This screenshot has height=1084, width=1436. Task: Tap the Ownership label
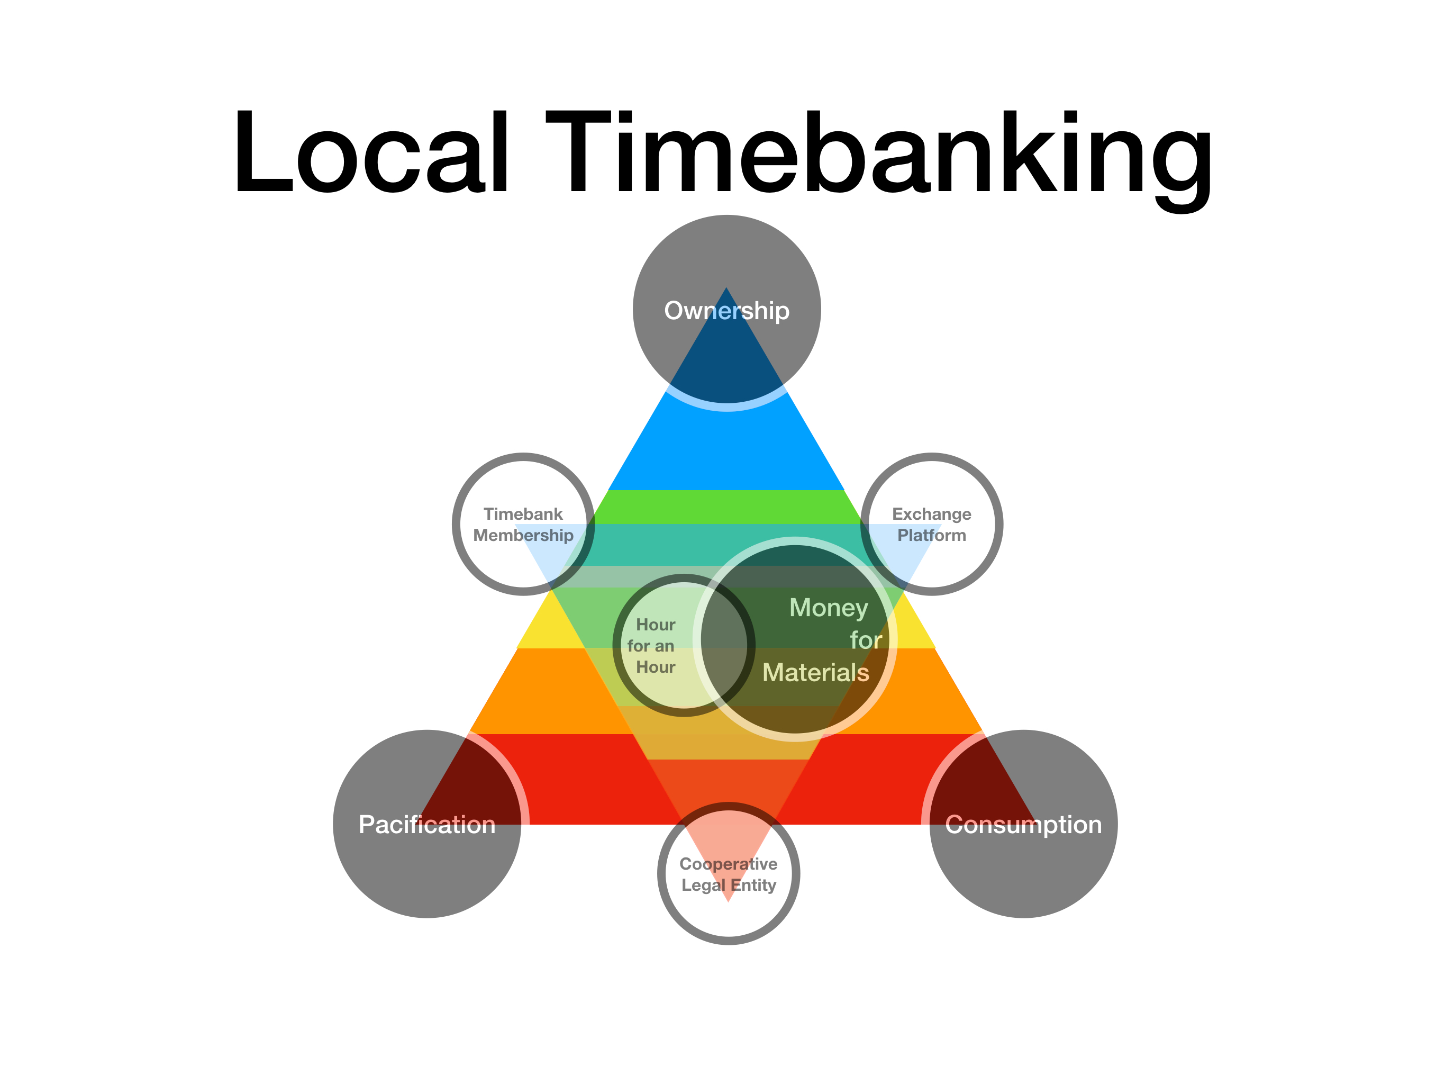[x=726, y=311]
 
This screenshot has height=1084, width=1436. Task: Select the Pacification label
[x=426, y=824]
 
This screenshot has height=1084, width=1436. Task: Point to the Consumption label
[x=1023, y=824]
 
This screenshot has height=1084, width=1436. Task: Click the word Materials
[x=815, y=672]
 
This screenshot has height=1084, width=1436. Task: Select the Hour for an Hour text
[x=655, y=646]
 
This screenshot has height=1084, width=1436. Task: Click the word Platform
[x=932, y=535]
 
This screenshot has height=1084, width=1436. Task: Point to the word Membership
[x=523, y=535]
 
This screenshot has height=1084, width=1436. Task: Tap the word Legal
[x=703, y=886]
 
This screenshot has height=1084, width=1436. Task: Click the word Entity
[x=753, y=886]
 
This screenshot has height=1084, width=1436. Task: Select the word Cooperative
[x=729, y=864]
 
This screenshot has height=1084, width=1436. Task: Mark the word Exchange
[x=932, y=514]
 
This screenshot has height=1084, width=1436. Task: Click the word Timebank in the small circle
[x=523, y=514]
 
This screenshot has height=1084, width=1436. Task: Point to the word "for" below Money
[x=866, y=640]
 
